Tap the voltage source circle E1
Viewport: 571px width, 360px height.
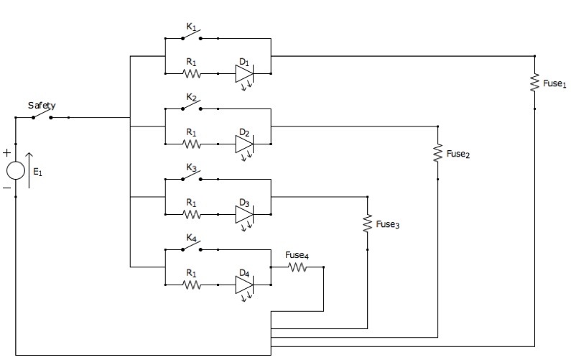click(x=16, y=170)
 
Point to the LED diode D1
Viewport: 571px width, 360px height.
click(x=244, y=76)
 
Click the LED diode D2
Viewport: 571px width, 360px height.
click(x=244, y=147)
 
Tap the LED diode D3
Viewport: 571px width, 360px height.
click(x=244, y=217)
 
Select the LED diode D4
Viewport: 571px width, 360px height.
click(x=244, y=287)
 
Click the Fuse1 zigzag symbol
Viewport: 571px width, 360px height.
click(x=534, y=83)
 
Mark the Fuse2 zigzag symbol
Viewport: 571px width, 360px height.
click(x=437, y=152)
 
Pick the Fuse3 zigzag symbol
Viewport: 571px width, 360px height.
click(x=368, y=223)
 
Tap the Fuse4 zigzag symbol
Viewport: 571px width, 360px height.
click(x=297, y=267)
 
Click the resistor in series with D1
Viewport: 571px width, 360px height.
click(x=192, y=73)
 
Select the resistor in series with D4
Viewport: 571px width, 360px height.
click(x=192, y=285)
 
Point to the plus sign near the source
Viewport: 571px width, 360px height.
click(x=7, y=152)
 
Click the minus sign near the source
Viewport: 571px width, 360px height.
click(x=7, y=188)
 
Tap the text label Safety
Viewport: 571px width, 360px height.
click(x=42, y=106)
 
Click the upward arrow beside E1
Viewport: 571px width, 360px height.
click(x=29, y=170)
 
